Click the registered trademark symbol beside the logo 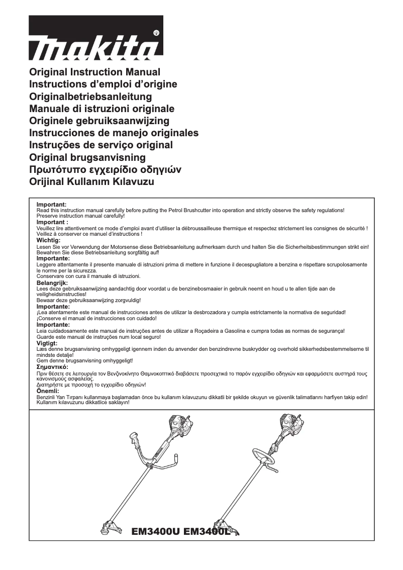(x=156, y=33)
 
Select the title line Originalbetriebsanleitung (x=90, y=97)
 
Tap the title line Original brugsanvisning (x=87, y=157)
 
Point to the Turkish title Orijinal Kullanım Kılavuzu (x=91, y=181)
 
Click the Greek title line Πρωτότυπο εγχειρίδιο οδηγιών (x=105, y=169)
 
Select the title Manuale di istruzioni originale (x=102, y=109)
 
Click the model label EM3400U (x=155, y=531)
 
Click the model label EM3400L (x=207, y=531)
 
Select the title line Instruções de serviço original (x=101, y=145)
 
